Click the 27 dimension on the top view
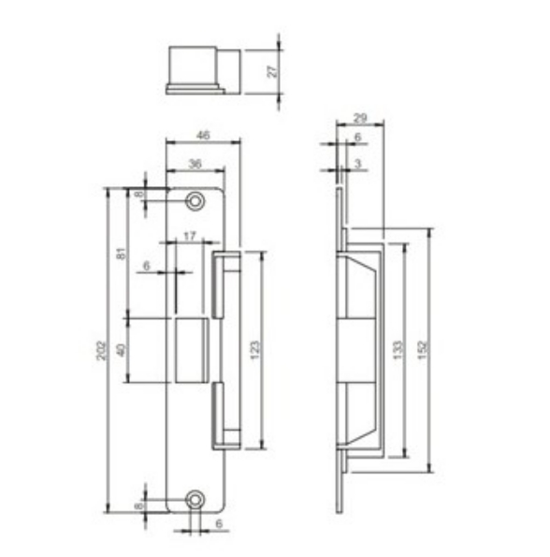272,71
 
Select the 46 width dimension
203,135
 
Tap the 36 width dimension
195,164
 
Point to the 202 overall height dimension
102,350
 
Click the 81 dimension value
122,254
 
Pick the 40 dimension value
121,350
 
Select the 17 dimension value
189,236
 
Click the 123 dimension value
255,350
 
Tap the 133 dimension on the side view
398,350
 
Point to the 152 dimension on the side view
422,350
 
